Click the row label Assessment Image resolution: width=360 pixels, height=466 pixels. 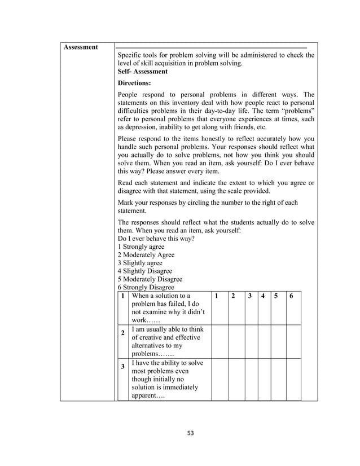tap(81, 47)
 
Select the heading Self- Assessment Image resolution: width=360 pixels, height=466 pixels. tap(142, 72)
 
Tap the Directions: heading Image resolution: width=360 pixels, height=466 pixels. tap(134, 82)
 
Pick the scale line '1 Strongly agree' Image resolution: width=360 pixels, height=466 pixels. tap(141, 247)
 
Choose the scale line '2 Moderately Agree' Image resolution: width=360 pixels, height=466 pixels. tap(146, 254)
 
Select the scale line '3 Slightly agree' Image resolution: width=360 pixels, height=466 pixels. tap(139, 263)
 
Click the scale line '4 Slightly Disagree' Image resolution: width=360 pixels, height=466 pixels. tap(144, 271)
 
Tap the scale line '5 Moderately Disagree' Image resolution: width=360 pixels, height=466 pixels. tap(150, 279)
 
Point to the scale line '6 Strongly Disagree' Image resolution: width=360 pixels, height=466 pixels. tap(146, 287)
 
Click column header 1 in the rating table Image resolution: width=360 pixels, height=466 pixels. tap(217, 296)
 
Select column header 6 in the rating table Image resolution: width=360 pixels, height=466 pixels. tap(291, 296)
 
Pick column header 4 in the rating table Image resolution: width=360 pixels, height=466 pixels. tap(262, 296)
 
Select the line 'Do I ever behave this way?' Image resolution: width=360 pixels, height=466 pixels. tap(156, 239)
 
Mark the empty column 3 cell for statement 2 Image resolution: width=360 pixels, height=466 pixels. tap(249, 341)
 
